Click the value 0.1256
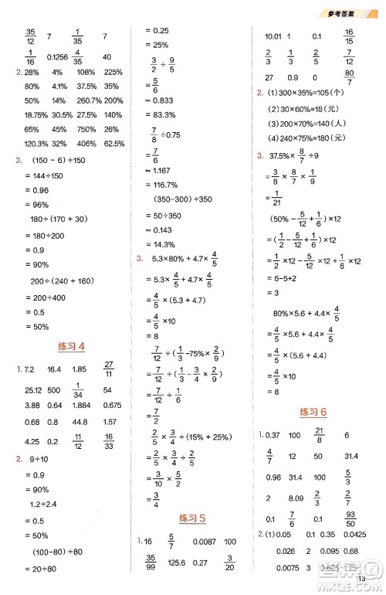56,57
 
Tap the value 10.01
273,36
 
